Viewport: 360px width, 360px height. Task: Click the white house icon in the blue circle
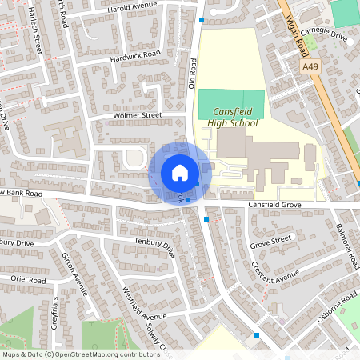(x=179, y=173)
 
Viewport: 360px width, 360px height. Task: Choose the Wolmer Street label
(x=137, y=115)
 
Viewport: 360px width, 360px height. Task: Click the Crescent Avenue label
(x=274, y=271)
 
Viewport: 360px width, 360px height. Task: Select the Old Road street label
(x=193, y=72)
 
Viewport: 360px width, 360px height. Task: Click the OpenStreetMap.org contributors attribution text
(x=108, y=354)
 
